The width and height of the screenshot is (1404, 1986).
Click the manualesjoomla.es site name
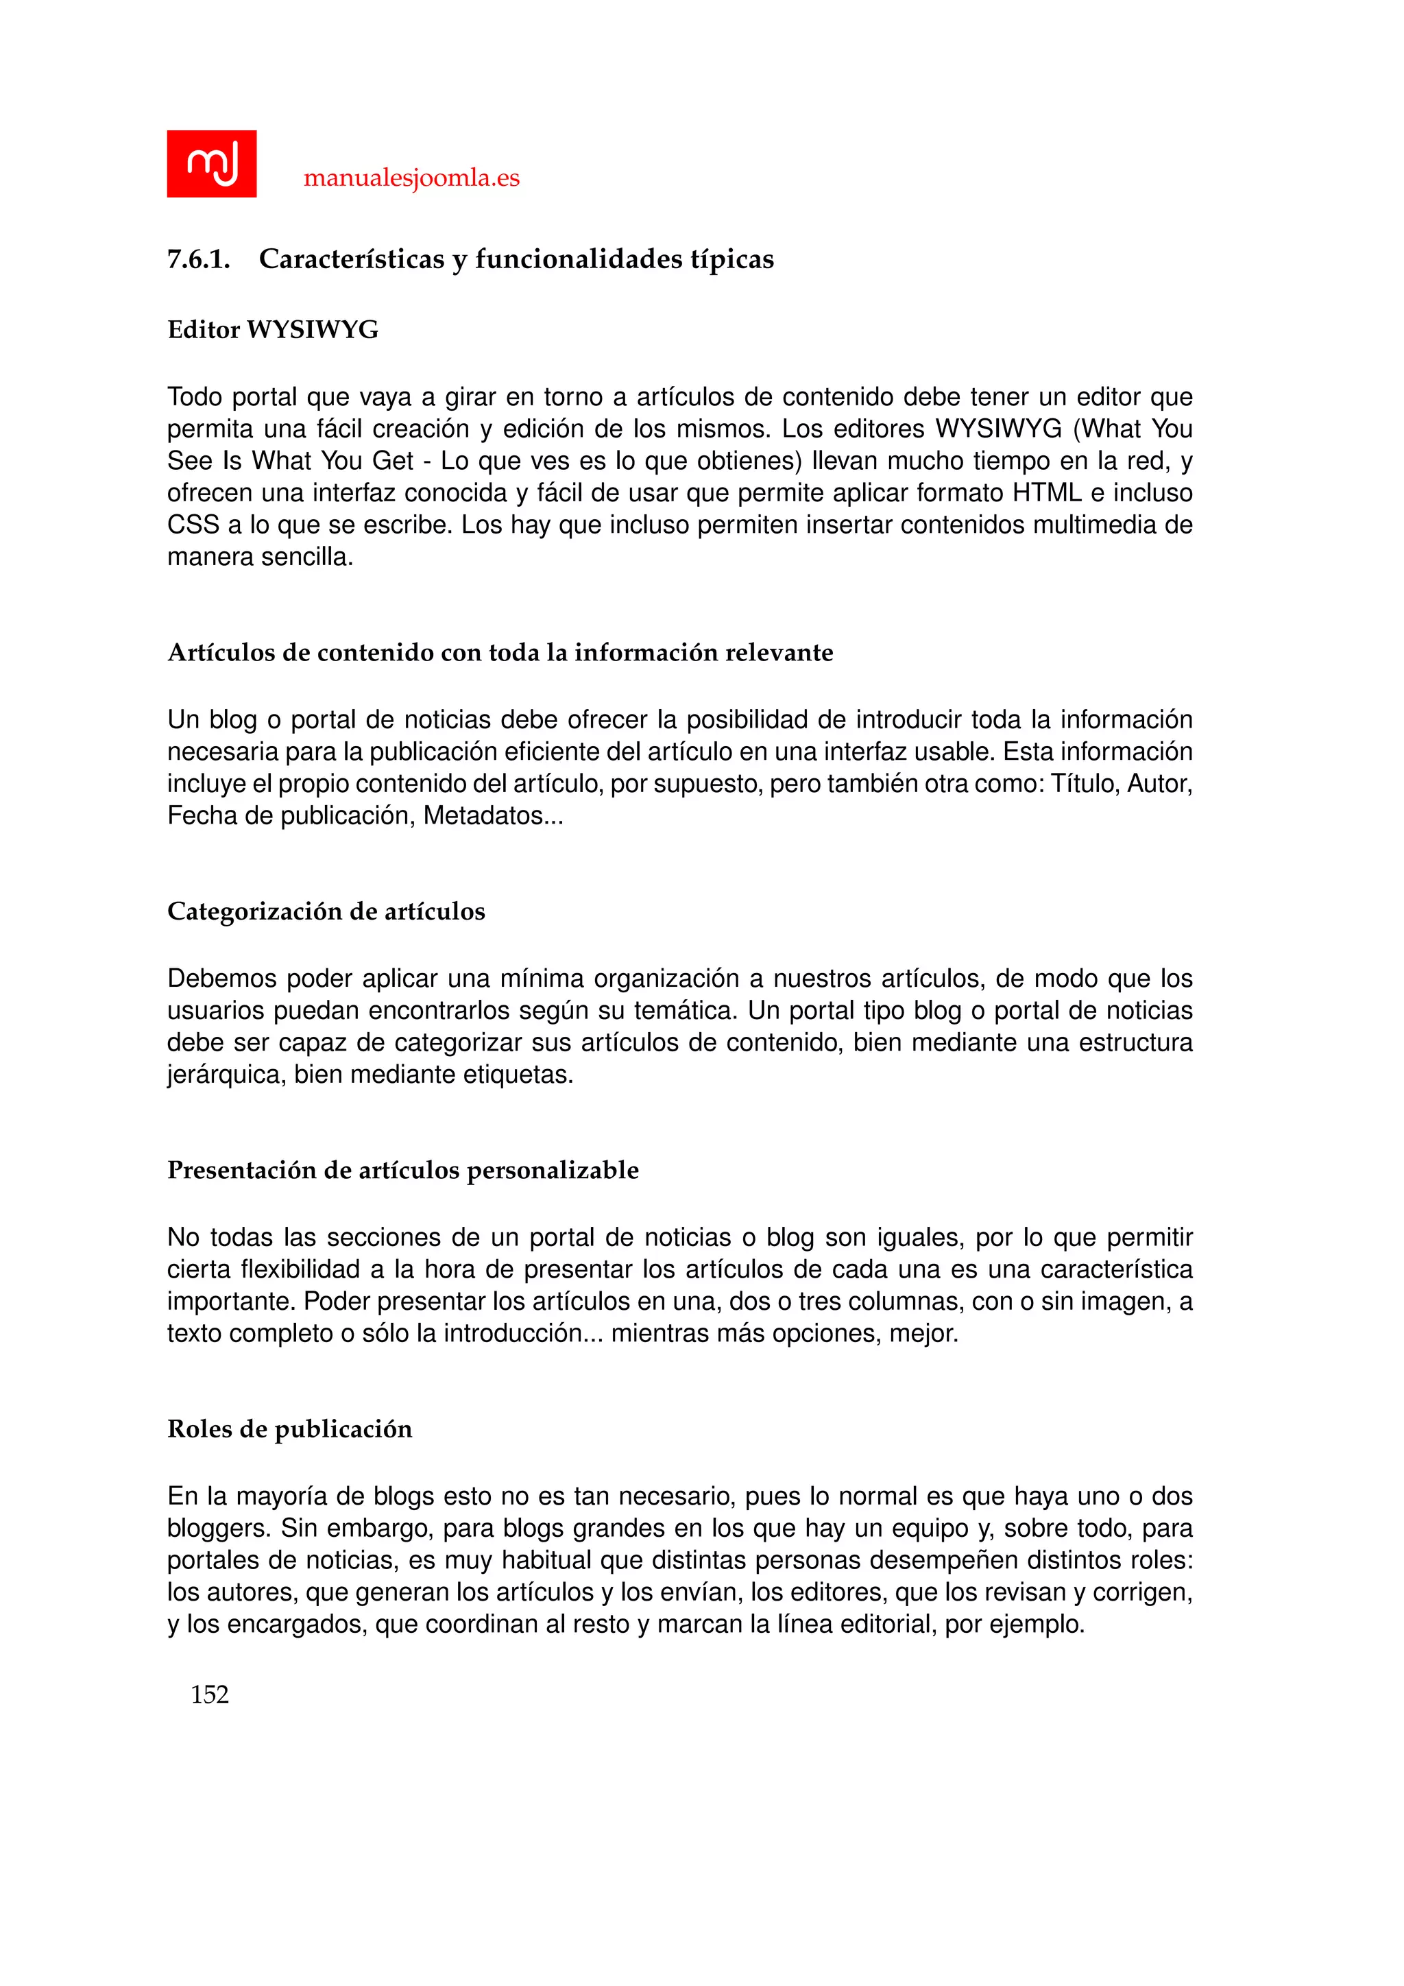[411, 178]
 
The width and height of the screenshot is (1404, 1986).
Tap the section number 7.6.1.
[198, 259]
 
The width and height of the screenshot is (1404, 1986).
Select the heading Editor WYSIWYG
[272, 330]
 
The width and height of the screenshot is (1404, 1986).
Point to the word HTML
[1047, 493]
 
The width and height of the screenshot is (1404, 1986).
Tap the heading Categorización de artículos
[326, 911]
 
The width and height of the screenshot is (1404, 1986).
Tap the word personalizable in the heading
[553, 1171]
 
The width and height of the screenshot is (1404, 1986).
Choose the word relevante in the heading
[779, 652]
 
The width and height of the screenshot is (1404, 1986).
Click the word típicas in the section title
[731, 259]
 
